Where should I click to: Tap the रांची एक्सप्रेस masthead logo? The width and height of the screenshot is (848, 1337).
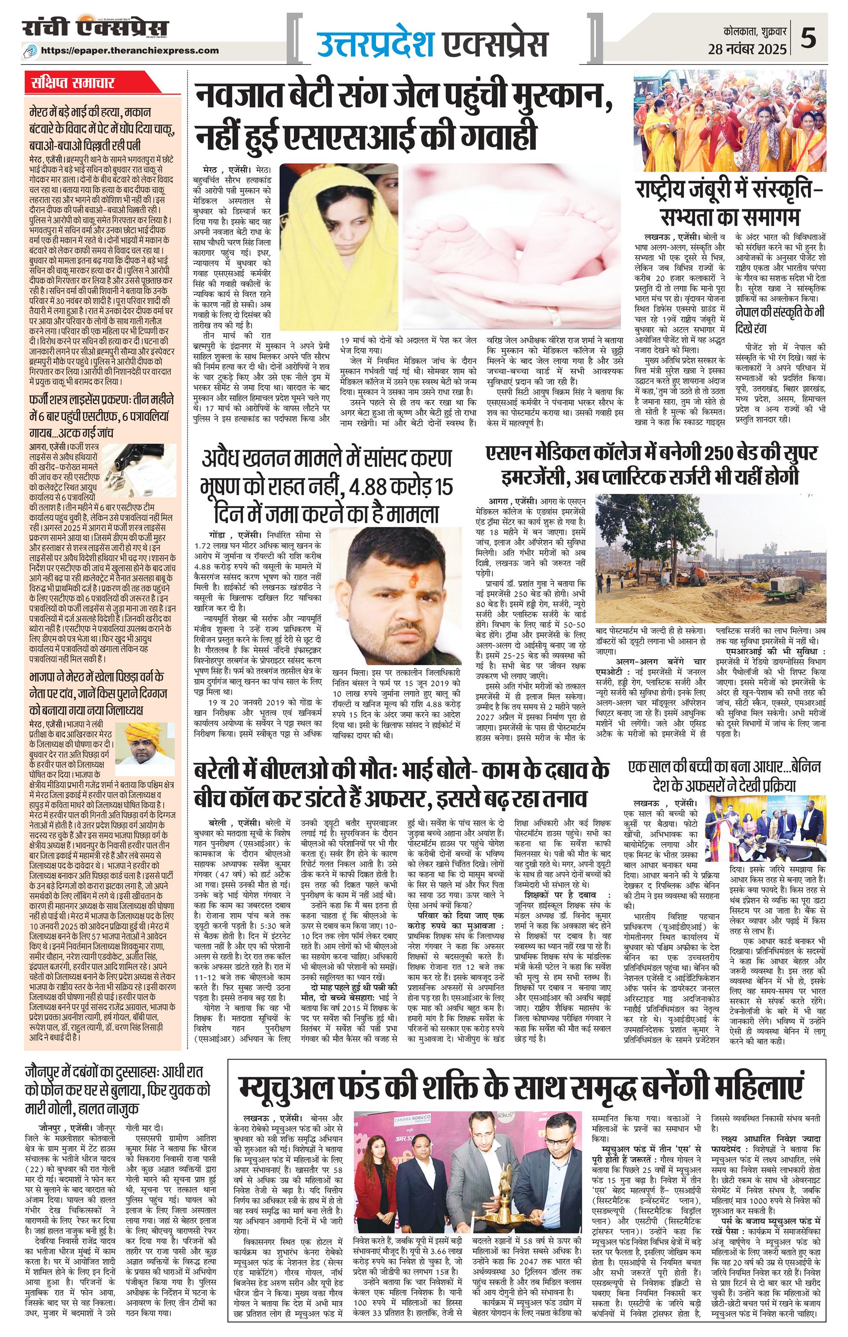coord(95,29)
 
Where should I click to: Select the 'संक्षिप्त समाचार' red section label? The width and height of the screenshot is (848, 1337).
coord(73,83)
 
